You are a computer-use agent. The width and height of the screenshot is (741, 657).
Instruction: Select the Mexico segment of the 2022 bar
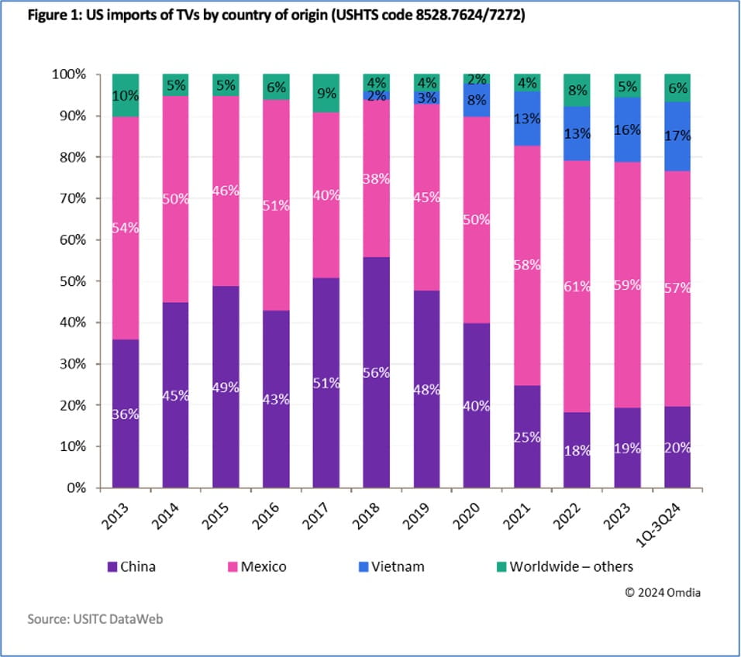(577, 287)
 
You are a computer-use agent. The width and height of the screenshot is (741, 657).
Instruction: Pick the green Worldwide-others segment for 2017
(326, 93)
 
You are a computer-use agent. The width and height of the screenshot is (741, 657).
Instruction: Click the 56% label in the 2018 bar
(377, 372)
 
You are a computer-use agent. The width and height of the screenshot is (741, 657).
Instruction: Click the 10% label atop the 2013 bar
(126, 97)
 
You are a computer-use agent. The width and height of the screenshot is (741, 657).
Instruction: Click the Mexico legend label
(263, 566)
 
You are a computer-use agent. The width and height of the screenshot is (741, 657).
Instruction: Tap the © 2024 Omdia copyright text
(663, 593)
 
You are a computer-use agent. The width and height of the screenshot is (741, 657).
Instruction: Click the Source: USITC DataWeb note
(85, 619)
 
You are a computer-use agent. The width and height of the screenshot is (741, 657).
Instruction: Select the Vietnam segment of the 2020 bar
(477, 100)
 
